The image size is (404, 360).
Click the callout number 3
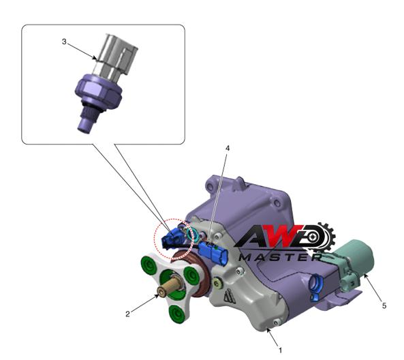coord(64,42)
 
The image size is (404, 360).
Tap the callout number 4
coord(228,148)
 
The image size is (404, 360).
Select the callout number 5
coord(384,306)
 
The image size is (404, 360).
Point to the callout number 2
coord(127,314)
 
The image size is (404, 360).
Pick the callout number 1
coord(280,350)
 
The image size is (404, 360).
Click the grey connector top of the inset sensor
coord(115,55)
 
